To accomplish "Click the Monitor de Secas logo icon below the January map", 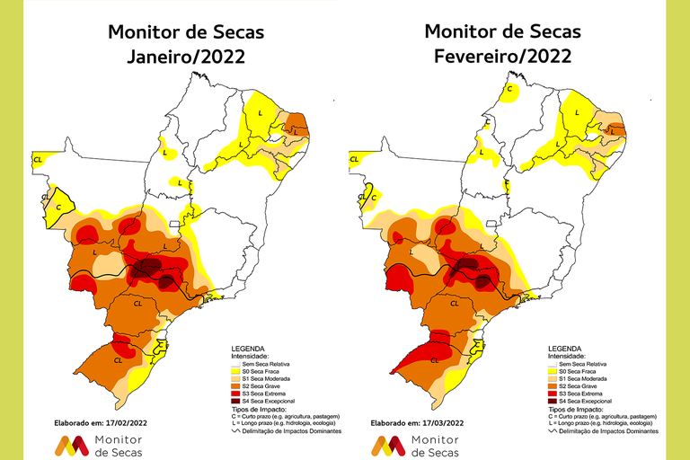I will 72,445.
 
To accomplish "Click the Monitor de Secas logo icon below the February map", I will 388,445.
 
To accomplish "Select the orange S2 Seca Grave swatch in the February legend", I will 553,385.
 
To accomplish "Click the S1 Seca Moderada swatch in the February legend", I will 553,377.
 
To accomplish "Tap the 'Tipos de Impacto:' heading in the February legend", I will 571,409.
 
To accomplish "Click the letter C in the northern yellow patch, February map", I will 510,89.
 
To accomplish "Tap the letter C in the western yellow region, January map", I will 59,207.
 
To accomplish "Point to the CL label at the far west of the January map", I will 38,160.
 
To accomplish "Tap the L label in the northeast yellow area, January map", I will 260,113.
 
